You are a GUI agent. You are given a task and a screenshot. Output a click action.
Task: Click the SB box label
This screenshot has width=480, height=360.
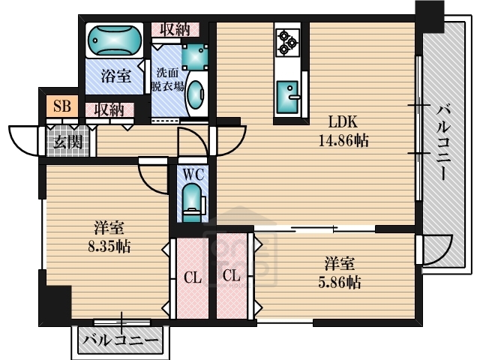61,106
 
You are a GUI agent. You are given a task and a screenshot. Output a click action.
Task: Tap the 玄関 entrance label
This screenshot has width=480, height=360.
66,140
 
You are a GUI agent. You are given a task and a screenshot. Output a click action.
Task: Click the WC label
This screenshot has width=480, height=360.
193,175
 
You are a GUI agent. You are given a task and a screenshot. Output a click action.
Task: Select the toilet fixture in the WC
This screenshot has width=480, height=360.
193,200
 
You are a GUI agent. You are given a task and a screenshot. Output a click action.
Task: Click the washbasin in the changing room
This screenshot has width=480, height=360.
194,96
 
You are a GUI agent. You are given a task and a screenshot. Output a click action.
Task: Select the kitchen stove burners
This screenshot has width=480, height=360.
286,42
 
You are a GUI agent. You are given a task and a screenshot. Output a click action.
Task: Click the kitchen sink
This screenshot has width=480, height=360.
286,96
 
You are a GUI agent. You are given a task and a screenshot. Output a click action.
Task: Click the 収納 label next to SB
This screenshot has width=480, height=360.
109,109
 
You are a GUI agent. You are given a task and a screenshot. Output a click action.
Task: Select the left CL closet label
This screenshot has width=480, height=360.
192,278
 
